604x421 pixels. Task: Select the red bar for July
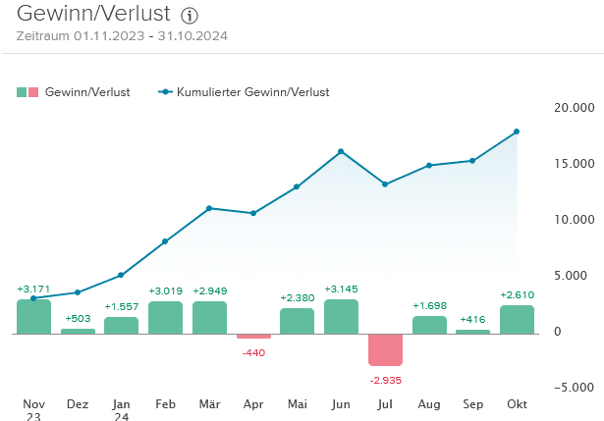click(x=385, y=349)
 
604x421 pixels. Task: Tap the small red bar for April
click(x=253, y=337)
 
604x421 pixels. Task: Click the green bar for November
click(x=33, y=316)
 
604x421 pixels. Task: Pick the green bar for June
click(x=341, y=316)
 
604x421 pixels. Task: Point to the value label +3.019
click(x=165, y=290)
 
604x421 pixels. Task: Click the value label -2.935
click(x=385, y=379)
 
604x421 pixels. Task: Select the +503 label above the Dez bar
click(x=78, y=318)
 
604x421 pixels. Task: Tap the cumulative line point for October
click(x=517, y=132)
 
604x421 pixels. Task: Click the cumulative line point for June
click(x=341, y=151)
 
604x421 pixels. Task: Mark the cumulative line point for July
click(x=385, y=184)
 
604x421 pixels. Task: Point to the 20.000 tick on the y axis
click(x=575, y=107)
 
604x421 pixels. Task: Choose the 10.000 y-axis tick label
click(x=575, y=219)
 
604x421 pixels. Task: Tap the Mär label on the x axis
click(x=209, y=403)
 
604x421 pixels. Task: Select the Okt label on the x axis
click(x=517, y=403)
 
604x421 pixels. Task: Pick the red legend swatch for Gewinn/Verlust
click(x=34, y=92)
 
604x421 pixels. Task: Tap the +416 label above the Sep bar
click(x=472, y=319)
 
